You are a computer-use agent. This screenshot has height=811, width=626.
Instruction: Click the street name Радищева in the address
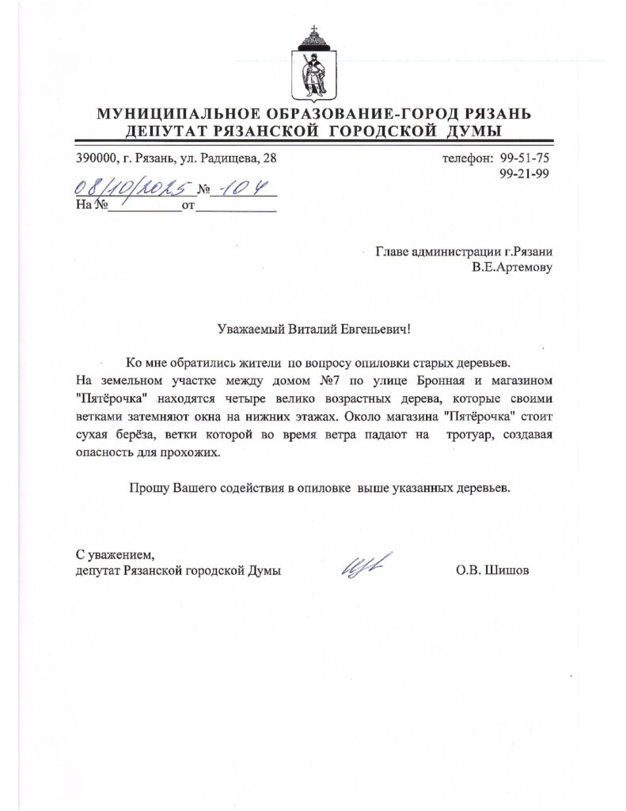[235, 158]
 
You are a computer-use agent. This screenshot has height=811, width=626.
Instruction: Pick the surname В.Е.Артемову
[512, 268]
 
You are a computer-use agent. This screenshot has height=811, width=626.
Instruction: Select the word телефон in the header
[468, 158]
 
